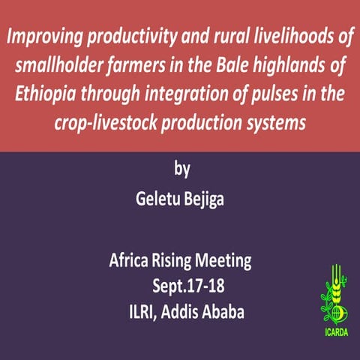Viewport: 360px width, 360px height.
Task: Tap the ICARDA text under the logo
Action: (x=335, y=330)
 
